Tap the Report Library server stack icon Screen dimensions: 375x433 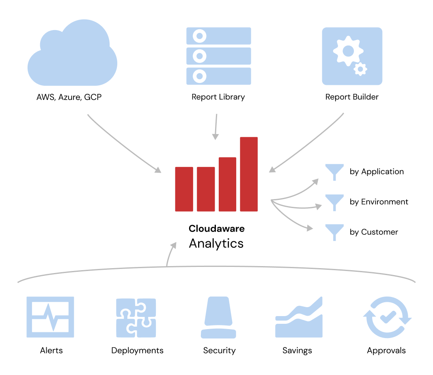[x=218, y=56]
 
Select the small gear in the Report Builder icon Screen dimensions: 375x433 [x=360, y=69]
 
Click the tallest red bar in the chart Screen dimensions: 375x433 [x=249, y=174]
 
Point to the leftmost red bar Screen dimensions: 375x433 [x=184, y=189]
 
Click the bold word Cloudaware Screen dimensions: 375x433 [x=216, y=228]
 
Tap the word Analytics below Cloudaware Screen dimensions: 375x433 [x=216, y=243]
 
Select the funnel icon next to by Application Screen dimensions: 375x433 [x=334, y=171]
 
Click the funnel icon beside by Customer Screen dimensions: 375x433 [x=334, y=232]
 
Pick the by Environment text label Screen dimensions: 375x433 [x=379, y=202]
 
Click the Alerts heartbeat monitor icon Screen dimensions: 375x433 [x=50, y=317]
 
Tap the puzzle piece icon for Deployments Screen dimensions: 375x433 [x=136, y=318]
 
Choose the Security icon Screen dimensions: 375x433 [x=219, y=318]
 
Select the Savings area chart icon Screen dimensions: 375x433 [x=299, y=318]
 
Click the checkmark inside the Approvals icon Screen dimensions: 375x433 [x=388, y=316]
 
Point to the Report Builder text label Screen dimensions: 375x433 [x=351, y=97]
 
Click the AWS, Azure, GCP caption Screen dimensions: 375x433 [x=69, y=97]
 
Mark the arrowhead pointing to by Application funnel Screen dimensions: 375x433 [x=316, y=181]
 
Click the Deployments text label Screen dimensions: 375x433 [x=137, y=351]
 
